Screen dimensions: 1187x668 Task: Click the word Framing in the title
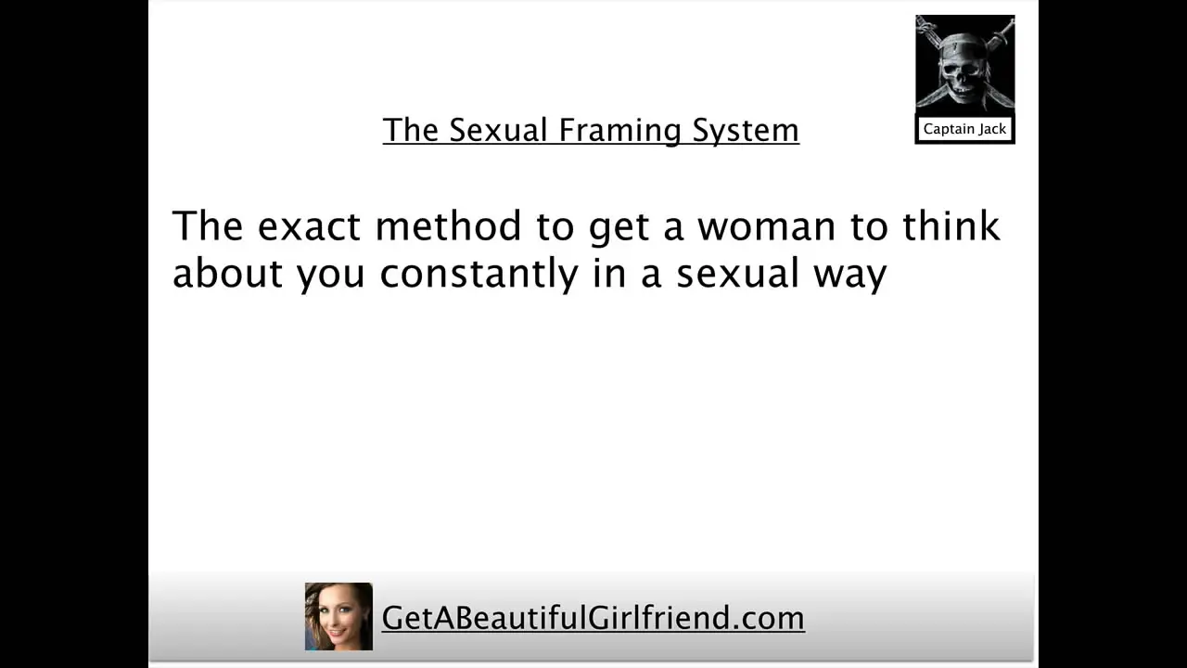coord(619,131)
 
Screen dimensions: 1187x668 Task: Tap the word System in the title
coord(746,131)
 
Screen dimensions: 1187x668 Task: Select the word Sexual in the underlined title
coord(498,130)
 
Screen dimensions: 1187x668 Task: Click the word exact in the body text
coord(310,225)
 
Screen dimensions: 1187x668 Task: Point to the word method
coord(448,225)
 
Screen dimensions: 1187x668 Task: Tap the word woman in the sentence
coord(766,226)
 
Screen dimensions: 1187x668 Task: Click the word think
coord(951,225)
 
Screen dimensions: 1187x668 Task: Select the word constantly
coord(479,274)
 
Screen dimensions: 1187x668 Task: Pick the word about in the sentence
coord(227,273)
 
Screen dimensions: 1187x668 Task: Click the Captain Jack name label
coord(964,129)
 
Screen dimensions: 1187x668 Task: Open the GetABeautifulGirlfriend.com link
coord(593,618)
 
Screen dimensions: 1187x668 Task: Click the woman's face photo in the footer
coord(338,617)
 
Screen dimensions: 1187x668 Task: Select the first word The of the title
coord(410,130)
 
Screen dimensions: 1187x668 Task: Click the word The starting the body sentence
coord(208,225)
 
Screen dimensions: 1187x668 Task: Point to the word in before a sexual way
coord(609,273)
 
